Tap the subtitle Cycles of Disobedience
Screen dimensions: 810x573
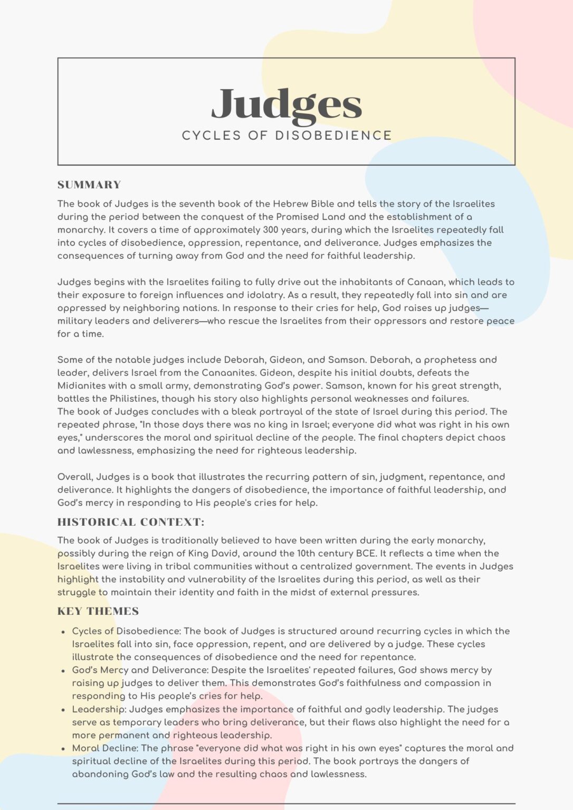tap(286, 136)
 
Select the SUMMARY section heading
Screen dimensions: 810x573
tap(89, 185)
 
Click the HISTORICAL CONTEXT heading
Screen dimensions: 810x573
tap(131, 522)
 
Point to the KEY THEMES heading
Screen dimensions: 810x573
tap(98, 611)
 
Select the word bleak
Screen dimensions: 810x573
tap(245, 411)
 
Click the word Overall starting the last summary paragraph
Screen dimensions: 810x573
tap(75, 477)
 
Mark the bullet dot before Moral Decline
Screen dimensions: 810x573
tap(63, 749)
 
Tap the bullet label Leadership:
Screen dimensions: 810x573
tap(99, 709)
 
